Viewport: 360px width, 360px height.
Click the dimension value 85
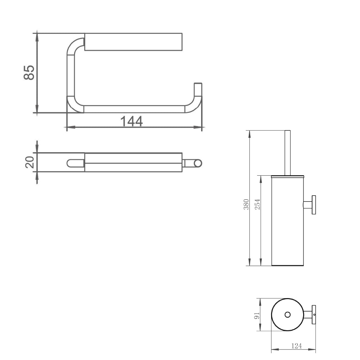(29, 73)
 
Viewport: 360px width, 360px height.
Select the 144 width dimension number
(131, 121)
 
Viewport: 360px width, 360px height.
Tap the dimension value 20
(30, 162)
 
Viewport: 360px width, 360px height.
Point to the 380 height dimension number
(246, 204)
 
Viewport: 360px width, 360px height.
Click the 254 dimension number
(258, 204)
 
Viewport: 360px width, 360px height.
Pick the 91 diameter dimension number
(257, 315)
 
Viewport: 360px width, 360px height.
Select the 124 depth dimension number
(297, 346)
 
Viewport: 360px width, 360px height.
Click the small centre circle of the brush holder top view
(287, 315)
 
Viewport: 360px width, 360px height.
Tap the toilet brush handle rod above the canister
(287, 153)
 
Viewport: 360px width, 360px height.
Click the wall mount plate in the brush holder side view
(314, 205)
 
